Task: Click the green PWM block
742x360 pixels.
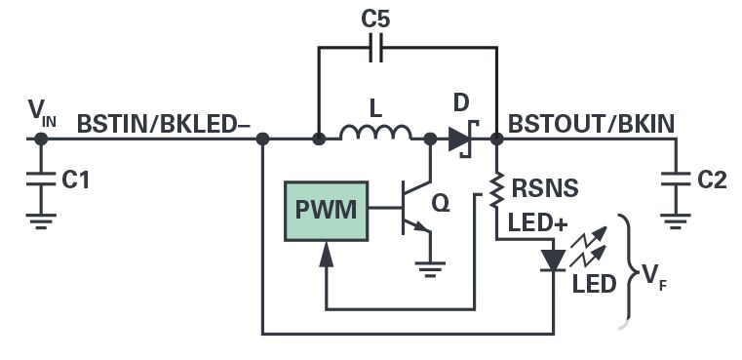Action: tap(327, 209)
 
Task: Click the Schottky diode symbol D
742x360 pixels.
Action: tap(461, 139)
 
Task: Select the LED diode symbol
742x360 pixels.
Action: tap(554, 260)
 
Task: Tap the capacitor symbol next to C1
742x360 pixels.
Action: tap(41, 180)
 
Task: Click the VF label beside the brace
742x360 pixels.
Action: tap(650, 278)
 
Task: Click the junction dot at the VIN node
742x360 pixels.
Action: tap(41, 140)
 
